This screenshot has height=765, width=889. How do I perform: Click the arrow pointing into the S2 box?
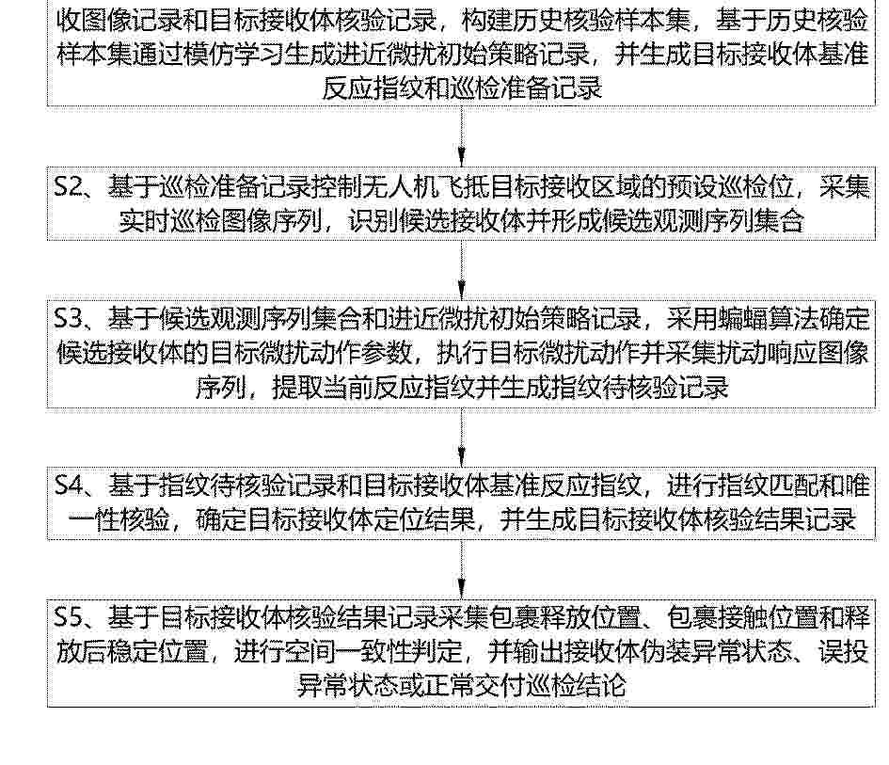(462, 136)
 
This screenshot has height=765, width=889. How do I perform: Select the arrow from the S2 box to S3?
(462, 269)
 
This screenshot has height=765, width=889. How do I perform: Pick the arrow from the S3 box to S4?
(462, 437)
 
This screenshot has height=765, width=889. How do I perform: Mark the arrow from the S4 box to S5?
(462, 568)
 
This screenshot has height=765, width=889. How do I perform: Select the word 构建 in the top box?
(486, 21)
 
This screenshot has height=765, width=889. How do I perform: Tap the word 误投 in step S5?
(843, 651)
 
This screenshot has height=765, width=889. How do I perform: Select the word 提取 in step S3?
(297, 388)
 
